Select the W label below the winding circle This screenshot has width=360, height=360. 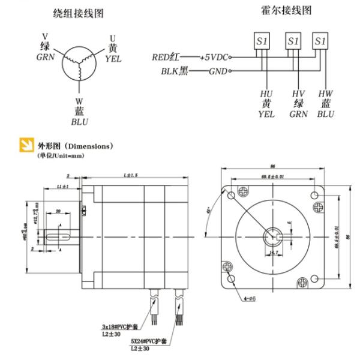pyautogui.click(x=79, y=101)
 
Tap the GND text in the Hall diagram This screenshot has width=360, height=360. pyautogui.click(x=216, y=71)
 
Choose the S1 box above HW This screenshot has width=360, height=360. pyautogui.click(x=320, y=41)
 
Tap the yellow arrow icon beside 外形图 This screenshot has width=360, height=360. pyautogui.click(x=26, y=146)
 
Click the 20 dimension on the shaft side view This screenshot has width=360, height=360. pyautogui.click(x=58, y=211)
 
